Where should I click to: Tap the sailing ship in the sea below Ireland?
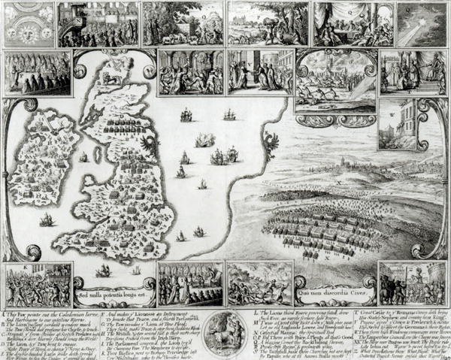[x=47, y=219]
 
